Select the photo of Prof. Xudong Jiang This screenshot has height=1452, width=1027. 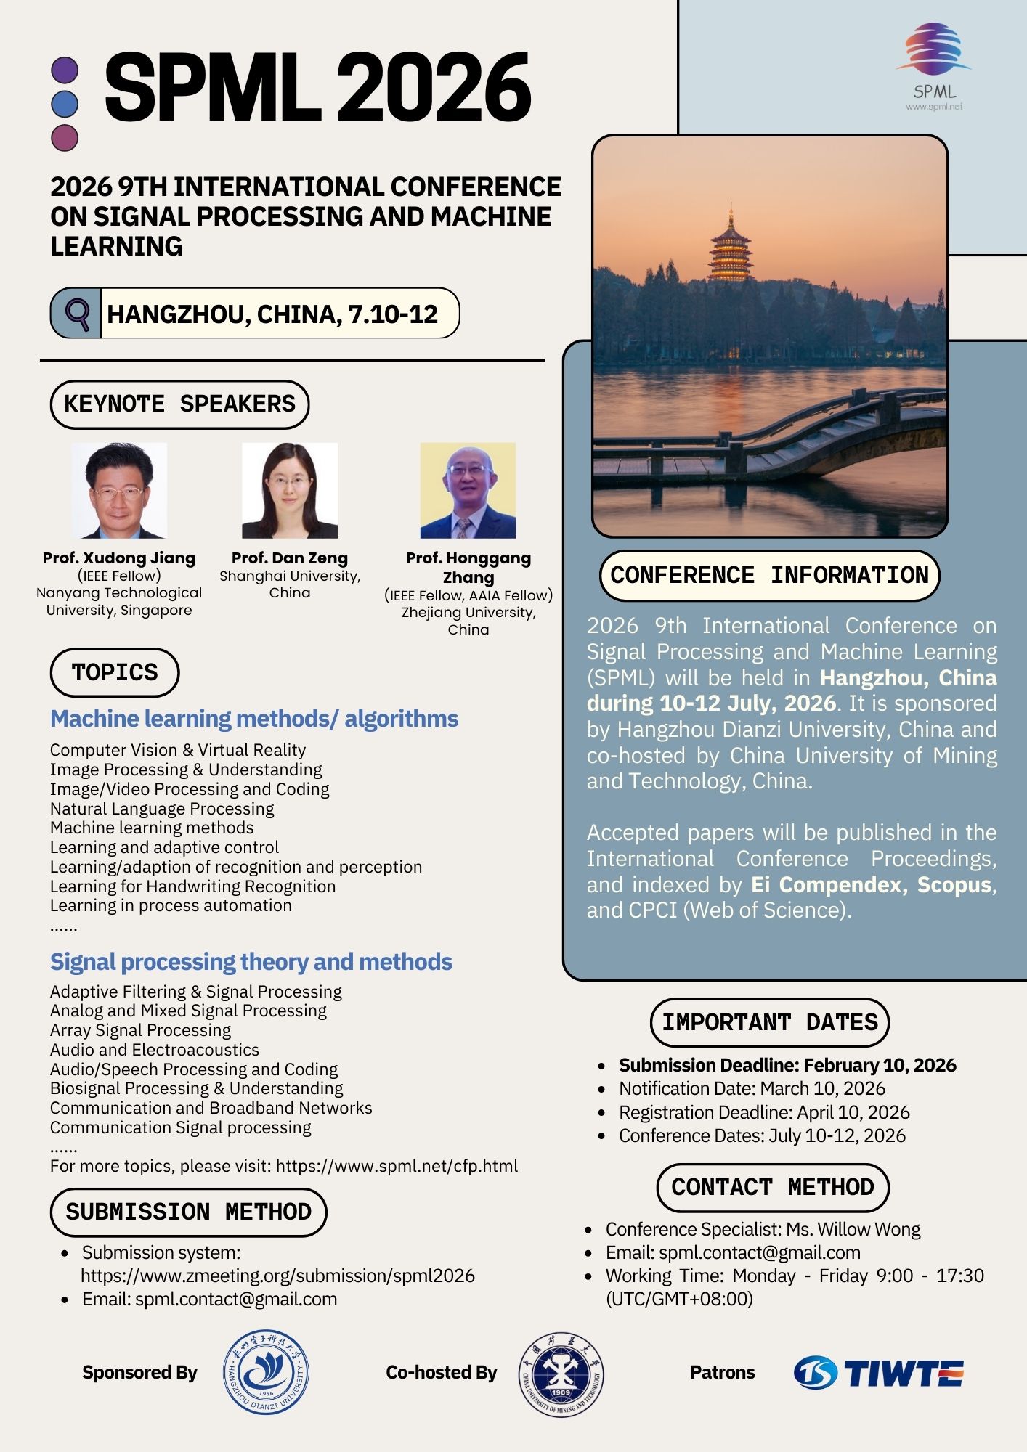(119, 491)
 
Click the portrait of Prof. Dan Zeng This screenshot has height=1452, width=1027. (290, 491)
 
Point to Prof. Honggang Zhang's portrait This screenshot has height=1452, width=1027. (468, 491)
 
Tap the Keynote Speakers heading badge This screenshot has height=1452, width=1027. (179, 404)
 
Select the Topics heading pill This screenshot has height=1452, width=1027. (115, 672)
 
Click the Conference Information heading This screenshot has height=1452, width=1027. (769, 576)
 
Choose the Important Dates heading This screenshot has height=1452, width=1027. (769, 1022)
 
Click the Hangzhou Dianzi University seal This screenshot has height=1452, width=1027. (265, 1372)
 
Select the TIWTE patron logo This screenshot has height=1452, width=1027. (878, 1373)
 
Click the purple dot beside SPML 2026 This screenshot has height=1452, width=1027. (65, 71)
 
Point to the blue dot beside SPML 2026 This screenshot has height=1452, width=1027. (65, 104)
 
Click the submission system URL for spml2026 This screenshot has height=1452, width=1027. (277, 1276)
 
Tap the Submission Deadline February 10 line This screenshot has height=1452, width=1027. (787, 1065)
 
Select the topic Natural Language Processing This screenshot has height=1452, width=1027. (162, 808)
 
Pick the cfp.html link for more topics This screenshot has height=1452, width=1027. (397, 1166)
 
